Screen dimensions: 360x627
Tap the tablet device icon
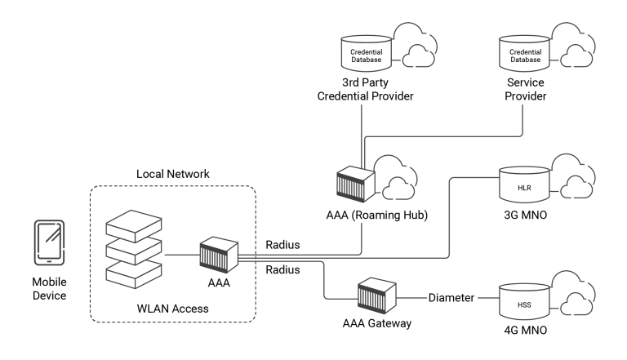(49, 242)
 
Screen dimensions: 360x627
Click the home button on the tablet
(49, 260)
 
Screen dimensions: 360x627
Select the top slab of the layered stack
(134, 221)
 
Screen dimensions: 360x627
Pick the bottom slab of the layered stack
(134, 273)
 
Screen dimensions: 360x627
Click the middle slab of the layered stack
(134, 247)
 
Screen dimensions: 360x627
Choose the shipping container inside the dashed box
(219, 254)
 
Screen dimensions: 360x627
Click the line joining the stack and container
(181, 255)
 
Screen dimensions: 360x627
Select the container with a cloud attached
(356, 183)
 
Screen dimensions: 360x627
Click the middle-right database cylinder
(525, 184)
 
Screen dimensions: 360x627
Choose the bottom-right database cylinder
(525, 299)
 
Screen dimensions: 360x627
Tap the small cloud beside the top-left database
(419, 56)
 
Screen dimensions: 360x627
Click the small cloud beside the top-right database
(577, 56)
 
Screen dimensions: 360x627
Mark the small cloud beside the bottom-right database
(577, 303)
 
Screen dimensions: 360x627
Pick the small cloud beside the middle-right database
(577, 187)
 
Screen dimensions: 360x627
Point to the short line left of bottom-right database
(487, 298)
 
